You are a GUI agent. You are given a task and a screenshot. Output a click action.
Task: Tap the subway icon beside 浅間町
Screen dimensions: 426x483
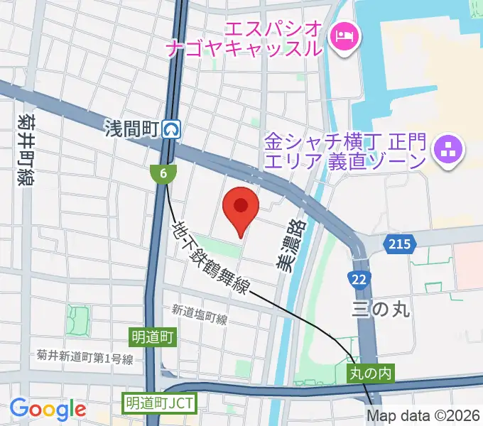tap(171, 129)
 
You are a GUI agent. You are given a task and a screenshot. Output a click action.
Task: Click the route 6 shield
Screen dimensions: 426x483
tap(163, 173)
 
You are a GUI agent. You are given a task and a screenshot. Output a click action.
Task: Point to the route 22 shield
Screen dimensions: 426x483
tap(361, 278)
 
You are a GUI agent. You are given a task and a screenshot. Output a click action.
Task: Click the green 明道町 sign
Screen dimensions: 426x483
tap(153, 335)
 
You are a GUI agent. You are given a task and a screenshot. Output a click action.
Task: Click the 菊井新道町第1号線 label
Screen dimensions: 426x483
tap(86, 359)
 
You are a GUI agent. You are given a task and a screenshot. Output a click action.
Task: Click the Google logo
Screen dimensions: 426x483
tap(48, 409)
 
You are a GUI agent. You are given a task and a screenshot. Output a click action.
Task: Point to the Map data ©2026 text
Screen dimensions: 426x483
tap(425, 416)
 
